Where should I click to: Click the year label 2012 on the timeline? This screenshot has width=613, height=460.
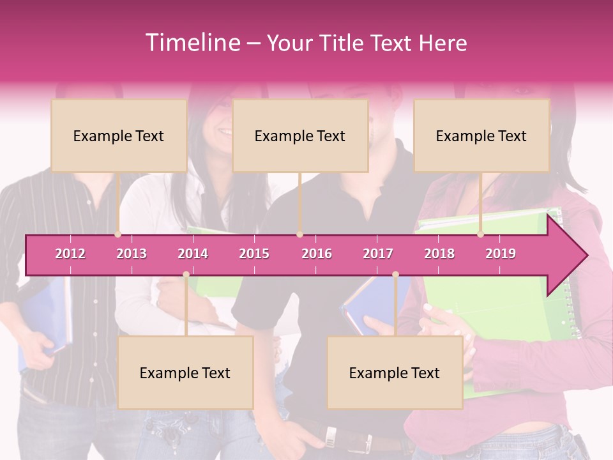pyautogui.click(x=70, y=254)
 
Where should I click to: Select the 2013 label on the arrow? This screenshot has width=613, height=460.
pyautogui.click(x=132, y=254)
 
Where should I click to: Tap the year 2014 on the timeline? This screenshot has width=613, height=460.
pyautogui.click(x=193, y=254)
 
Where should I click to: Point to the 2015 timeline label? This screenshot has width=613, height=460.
pyautogui.click(x=254, y=254)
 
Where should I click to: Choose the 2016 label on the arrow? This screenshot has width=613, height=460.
pyautogui.click(x=317, y=254)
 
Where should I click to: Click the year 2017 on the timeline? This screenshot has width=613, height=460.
pyautogui.click(x=378, y=254)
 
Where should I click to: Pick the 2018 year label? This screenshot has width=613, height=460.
pyautogui.click(x=439, y=254)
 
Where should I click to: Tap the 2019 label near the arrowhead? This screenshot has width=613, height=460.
pyautogui.click(x=501, y=254)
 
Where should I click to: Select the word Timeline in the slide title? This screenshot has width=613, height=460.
pyautogui.click(x=192, y=43)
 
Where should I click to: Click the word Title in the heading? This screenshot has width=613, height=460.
pyautogui.click(x=343, y=43)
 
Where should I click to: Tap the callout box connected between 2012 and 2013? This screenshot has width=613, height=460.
pyautogui.click(x=119, y=135)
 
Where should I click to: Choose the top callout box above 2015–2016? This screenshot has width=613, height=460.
pyautogui.click(x=300, y=135)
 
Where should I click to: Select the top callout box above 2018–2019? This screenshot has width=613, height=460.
pyautogui.click(x=481, y=135)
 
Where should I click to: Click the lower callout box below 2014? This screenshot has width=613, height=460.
pyautogui.click(x=185, y=372)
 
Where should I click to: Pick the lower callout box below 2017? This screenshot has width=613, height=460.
pyautogui.click(x=395, y=372)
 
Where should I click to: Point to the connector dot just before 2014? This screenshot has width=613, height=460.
pyautogui.click(x=186, y=275)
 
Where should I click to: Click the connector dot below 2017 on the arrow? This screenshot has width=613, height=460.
pyautogui.click(x=395, y=275)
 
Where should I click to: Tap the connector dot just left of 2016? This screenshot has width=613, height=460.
pyautogui.click(x=299, y=234)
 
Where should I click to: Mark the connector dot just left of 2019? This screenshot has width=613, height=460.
pyautogui.click(x=480, y=234)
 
